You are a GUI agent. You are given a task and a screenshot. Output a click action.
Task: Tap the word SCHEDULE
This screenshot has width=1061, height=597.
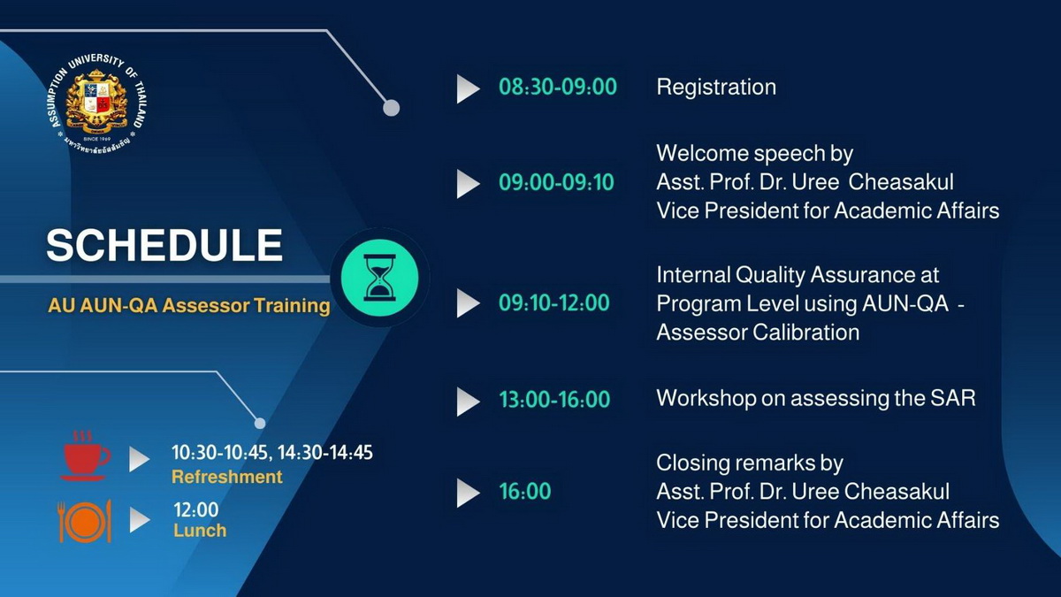[164, 245]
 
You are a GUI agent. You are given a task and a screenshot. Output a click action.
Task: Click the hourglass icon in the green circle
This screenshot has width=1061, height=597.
[379, 278]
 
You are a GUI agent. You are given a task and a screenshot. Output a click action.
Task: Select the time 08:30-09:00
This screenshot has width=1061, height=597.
[558, 88]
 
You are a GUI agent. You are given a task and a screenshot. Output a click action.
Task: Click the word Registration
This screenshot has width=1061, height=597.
[716, 88]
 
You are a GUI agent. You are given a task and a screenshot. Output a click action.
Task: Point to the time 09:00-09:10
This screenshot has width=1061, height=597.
[556, 182]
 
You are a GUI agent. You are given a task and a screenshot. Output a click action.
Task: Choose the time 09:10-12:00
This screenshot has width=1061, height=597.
[553, 303]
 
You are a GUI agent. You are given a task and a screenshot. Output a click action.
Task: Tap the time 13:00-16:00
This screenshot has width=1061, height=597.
[554, 400]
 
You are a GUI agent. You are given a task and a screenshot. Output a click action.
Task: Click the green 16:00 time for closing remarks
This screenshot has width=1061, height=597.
[525, 492]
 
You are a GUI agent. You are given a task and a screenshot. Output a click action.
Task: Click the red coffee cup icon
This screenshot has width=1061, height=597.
[85, 455]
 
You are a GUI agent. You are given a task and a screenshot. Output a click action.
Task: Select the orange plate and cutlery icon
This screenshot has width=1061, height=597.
[85, 521]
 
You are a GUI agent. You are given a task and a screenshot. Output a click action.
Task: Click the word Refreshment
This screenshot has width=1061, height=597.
[227, 477]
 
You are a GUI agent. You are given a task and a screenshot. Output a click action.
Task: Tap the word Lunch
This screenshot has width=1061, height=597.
[200, 531]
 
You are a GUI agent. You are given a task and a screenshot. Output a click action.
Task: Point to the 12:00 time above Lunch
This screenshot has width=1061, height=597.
[196, 510]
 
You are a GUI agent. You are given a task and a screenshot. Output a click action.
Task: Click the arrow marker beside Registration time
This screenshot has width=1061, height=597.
[468, 88]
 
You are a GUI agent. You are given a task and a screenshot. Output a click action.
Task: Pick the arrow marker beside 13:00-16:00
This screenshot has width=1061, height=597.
[468, 402]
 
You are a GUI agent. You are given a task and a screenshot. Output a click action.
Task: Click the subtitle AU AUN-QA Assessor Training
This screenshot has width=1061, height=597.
[189, 306]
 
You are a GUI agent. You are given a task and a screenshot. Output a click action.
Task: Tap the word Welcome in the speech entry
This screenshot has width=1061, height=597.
[701, 154]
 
